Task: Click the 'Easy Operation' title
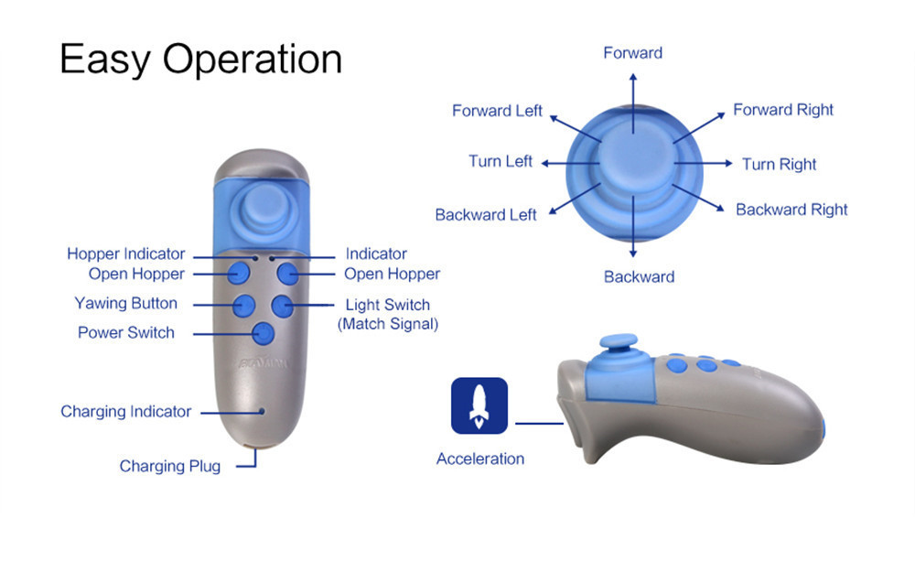200,59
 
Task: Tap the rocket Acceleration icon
479,405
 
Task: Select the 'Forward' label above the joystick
632,53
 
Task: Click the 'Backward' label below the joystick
639,276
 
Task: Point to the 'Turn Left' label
500,161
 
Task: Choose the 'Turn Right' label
779,164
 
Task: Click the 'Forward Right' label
783,110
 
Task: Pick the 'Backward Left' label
486,215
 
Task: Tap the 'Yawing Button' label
126,303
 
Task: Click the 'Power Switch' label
126,332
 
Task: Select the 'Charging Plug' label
170,466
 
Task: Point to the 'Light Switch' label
387,305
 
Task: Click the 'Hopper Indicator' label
126,254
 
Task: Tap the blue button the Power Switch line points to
264,333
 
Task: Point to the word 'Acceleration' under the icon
480,459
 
